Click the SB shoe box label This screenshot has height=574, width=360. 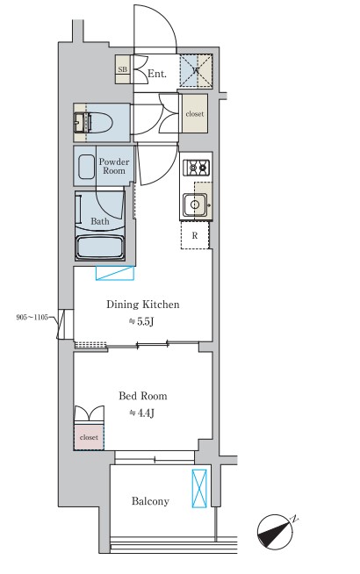[123, 68]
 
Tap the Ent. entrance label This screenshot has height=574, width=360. [157, 74]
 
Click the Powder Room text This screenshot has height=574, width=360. [114, 166]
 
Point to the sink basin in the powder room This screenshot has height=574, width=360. [86, 167]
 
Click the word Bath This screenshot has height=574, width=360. [99, 221]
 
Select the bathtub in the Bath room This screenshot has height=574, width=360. [100, 248]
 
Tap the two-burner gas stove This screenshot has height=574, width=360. [197, 168]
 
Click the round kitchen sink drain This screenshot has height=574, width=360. [195, 205]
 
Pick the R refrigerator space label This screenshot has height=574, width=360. [195, 236]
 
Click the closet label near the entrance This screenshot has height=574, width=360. [194, 114]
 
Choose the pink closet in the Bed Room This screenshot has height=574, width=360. [89, 437]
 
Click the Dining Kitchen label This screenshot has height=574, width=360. [143, 305]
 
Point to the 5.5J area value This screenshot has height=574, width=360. [141, 322]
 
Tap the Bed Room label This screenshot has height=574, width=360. [143, 396]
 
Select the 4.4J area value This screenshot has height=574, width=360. [141, 413]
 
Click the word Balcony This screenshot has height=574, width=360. [150, 501]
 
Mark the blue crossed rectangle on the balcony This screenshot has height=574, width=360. [199, 489]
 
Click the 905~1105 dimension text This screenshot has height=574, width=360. [32, 318]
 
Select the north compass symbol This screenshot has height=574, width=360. [276, 532]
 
